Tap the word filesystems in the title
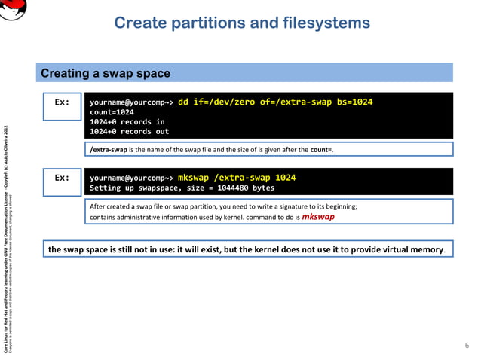(324, 23)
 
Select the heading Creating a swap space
(105, 73)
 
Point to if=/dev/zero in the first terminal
(226, 102)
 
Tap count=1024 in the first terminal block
(112, 111)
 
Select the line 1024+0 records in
(127, 121)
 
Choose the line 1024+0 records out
(129, 131)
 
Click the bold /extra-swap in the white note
(109, 150)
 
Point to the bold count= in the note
(320, 150)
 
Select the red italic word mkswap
(318, 216)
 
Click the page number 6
(466, 346)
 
